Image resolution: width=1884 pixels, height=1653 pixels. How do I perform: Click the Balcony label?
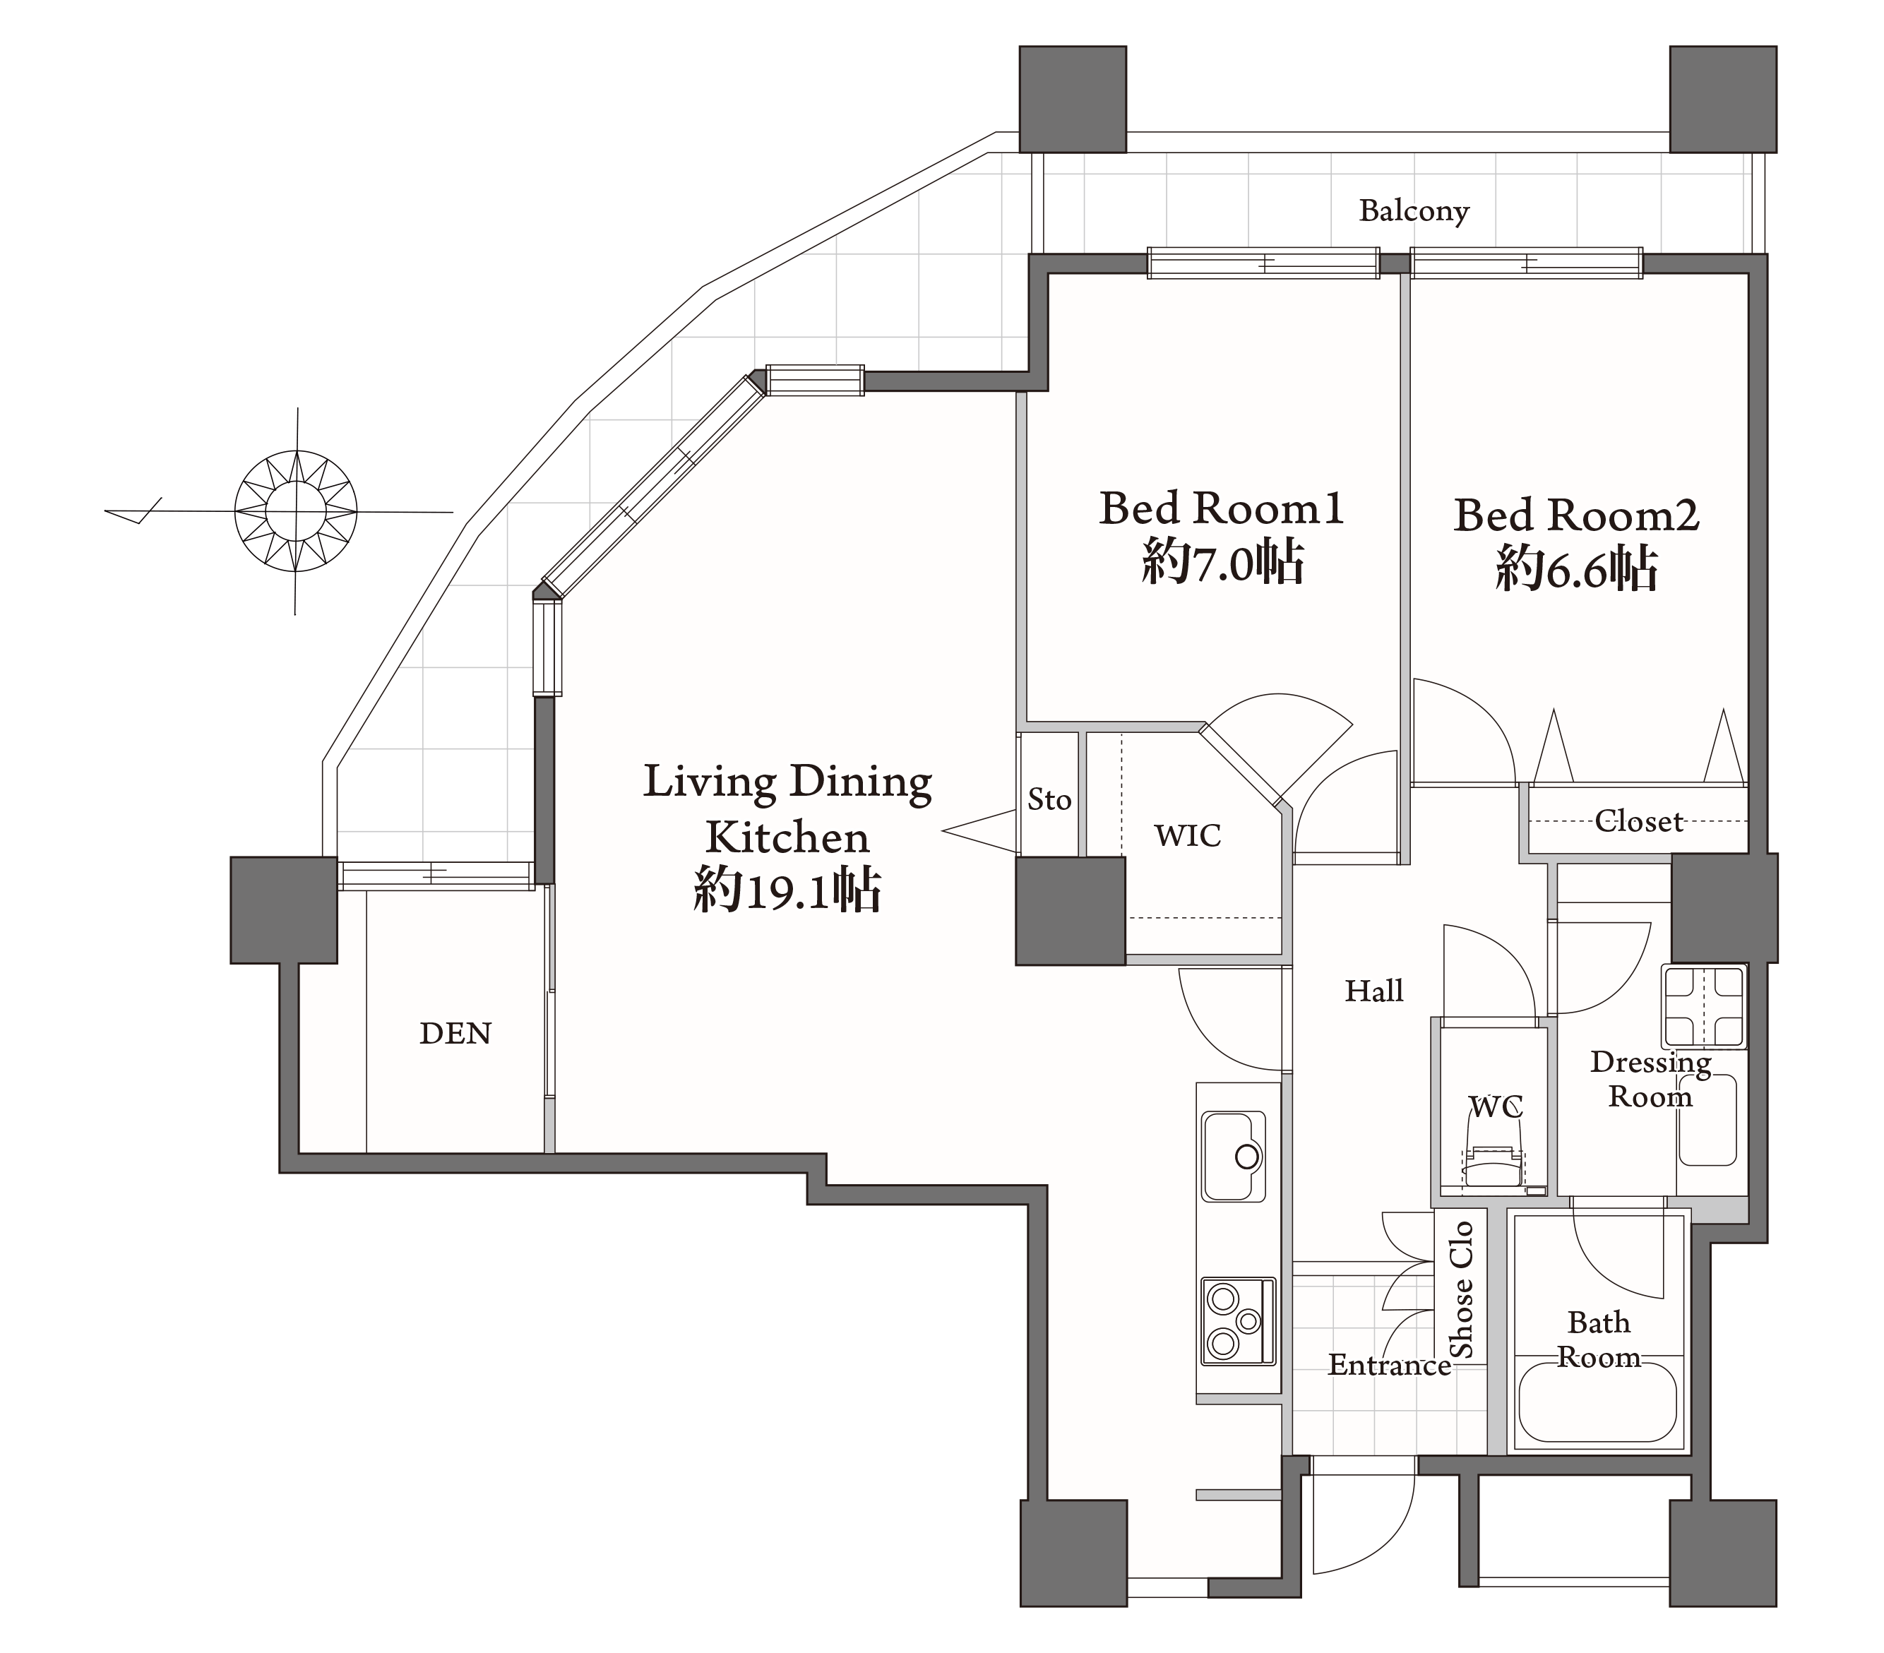(1413, 211)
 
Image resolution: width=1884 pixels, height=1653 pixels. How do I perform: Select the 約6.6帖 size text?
(1576, 569)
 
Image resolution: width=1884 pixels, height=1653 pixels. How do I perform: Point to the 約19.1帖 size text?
(787, 890)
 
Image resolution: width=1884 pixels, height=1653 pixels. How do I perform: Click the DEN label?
(455, 1034)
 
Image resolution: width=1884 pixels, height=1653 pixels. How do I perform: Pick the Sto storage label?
(1049, 799)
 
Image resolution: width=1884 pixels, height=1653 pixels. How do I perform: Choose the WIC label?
(1187, 835)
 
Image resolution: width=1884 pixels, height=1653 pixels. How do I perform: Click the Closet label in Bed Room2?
(1639, 820)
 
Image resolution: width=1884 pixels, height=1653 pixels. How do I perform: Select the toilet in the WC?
(1494, 1167)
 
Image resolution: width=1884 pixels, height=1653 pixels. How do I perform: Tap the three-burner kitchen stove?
(1238, 1321)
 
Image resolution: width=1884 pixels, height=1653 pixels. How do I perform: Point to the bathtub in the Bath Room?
(1597, 1402)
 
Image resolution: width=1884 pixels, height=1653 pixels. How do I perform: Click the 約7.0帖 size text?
(1222, 561)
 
